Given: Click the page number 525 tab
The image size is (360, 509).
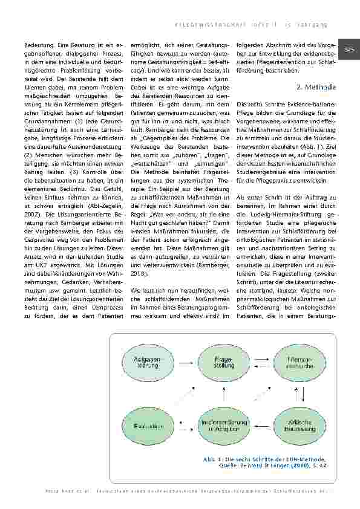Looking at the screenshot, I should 349,49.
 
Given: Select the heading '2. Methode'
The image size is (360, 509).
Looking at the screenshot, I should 316,87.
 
